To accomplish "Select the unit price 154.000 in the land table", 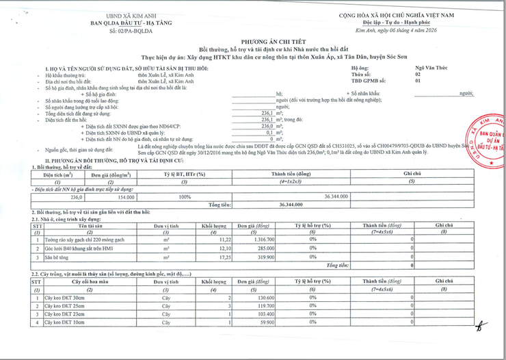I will point(124,196).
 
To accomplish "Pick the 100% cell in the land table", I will point(185,196).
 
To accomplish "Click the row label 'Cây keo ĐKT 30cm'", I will point(66,297).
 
